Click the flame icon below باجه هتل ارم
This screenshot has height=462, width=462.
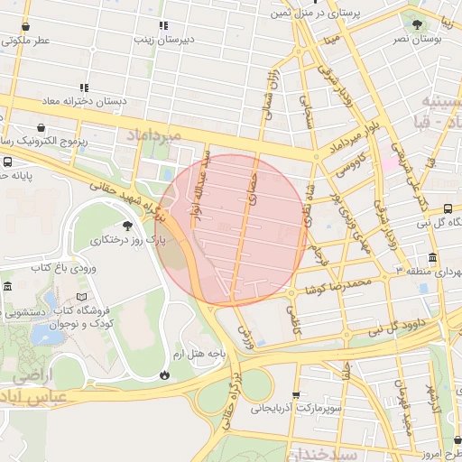pyautogui.click(x=164, y=374)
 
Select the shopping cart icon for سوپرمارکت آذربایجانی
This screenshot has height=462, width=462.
pyautogui.click(x=297, y=394)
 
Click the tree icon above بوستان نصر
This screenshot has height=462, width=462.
pyautogui.click(x=416, y=25)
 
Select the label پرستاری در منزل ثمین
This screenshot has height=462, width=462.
pyautogui.click(x=330, y=14)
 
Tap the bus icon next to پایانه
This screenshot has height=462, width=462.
pyautogui.click(x=7, y=162)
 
